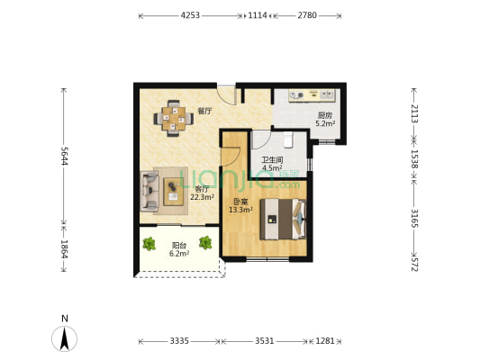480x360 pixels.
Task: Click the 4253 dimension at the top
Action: [x=190, y=15]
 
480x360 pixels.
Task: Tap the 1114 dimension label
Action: [x=258, y=15]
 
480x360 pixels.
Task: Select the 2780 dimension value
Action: [x=307, y=15]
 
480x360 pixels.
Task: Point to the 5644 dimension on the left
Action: [x=64, y=156]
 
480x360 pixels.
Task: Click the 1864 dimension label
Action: [x=64, y=249]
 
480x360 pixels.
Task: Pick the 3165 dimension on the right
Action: [x=414, y=219]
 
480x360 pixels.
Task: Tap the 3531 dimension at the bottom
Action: [x=265, y=341]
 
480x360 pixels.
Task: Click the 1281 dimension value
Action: [x=325, y=341]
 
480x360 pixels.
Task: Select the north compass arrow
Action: [x=64, y=338]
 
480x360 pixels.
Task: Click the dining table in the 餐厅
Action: [x=174, y=119]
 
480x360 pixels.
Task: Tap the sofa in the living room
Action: [x=149, y=191]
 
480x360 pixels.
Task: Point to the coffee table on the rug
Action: [x=174, y=192]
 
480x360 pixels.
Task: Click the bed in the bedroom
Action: [x=283, y=219]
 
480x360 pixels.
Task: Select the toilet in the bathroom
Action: [x=288, y=139]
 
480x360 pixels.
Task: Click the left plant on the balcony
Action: [x=149, y=244]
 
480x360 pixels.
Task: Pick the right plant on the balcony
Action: [x=205, y=242]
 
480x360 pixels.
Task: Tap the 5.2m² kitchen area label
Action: [x=325, y=124]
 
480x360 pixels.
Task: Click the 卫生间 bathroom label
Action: [x=272, y=159]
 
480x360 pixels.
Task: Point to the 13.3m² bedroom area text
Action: [x=240, y=210]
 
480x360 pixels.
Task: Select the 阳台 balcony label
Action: [x=179, y=246]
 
